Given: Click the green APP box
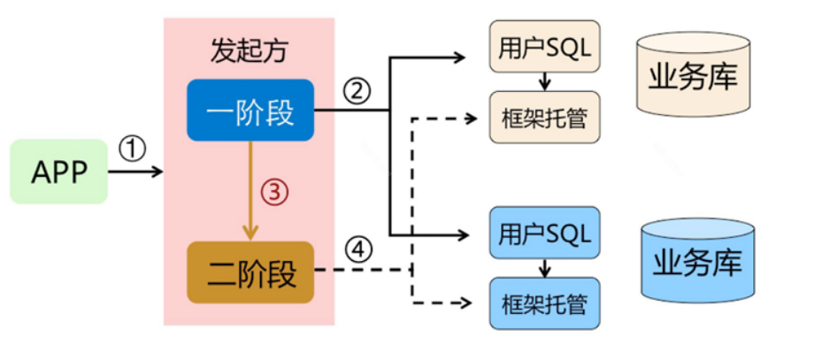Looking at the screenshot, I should (x=59, y=172).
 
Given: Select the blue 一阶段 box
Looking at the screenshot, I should (x=251, y=111).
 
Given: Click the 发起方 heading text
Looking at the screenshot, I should (x=250, y=51).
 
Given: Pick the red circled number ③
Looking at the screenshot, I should (x=274, y=192).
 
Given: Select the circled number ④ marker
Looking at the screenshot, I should (x=357, y=250).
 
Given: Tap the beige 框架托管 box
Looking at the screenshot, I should (x=544, y=117).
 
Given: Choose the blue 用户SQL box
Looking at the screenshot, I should (x=544, y=234).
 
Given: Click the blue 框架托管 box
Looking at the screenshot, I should (x=544, y=303).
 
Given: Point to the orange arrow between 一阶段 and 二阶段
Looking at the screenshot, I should (x=251, y=190).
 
